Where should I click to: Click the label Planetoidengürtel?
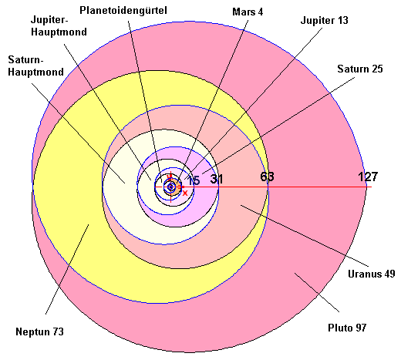(123, 11)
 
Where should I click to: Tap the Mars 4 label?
(248, 12)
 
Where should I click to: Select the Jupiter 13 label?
(324, 20)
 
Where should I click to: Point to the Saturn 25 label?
(360, 69)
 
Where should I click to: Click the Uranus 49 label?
(371, 274)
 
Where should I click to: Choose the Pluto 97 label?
(347, 328)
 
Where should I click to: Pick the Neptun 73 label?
(39, 331)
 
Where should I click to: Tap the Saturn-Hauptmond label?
(35, 66)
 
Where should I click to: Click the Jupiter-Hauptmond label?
(59, 26)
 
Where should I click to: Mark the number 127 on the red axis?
(368, 177)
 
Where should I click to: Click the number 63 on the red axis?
(267, 177)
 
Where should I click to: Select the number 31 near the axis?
(217, 179)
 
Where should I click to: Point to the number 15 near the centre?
(194, 180)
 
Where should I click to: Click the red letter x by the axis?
(185, 193)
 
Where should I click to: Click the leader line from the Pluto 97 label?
(317, 292)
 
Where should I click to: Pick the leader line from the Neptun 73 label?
(67, 269)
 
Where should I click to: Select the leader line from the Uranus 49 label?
(305, 235)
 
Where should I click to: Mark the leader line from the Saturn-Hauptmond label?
(78, 133)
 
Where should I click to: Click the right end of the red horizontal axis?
(372, 187)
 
